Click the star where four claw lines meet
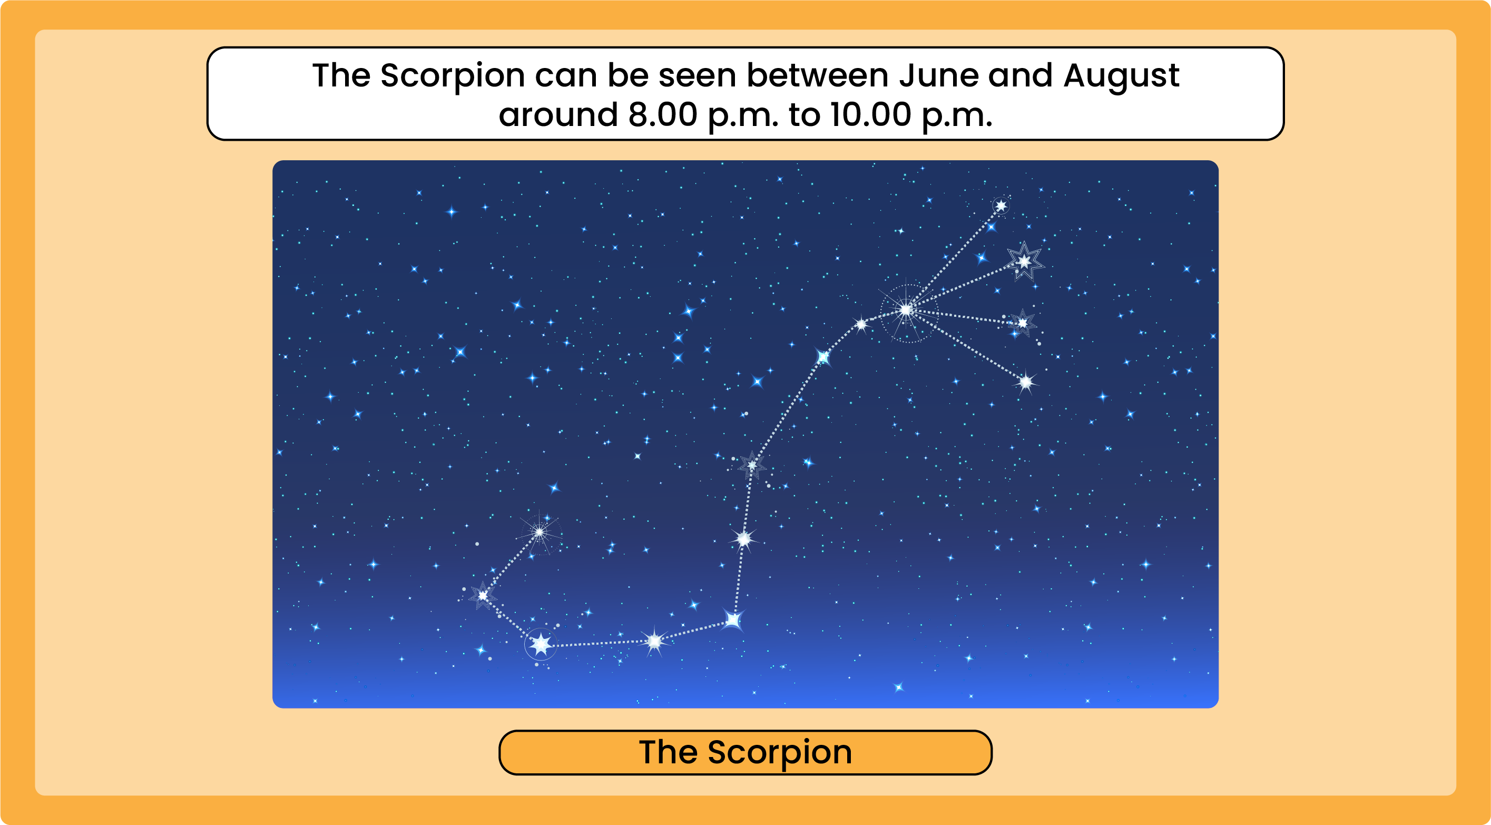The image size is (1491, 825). pyautogui.click(x=906, y=310)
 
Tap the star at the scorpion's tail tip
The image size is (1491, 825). pyautogui.click(x=539, y=531)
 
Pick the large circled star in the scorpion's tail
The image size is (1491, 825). pyautogui.click(x=541, y=644)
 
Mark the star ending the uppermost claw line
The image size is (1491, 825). pyautogui.click(x=1000, y=205)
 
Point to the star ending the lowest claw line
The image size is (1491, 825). pyautogui.click(x=1026, y=382)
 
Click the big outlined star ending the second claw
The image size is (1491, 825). pyautogui.click(x=1025, y=261)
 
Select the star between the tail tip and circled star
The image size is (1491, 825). pyautogui.click(x=483, y=595)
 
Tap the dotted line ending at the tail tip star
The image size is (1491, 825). pyautogui.click(x=511, y=564)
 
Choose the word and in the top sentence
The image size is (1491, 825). pyautogui.click(x=1020, y=75)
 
